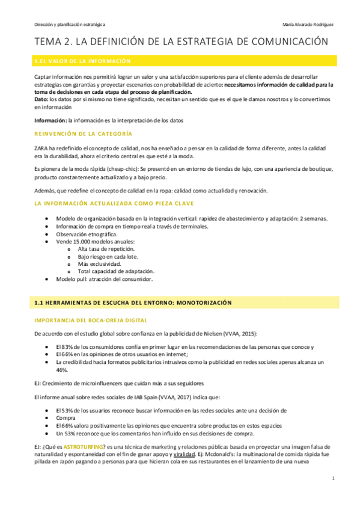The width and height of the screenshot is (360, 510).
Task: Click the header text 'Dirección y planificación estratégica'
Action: pos(69,24)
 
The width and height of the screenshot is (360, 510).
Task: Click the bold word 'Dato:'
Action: pos(41,99)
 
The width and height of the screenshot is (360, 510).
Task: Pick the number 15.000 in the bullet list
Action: pos(82,241)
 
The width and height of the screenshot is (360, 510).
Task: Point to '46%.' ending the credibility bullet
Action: pos(61,370)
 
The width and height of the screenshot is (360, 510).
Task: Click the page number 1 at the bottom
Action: pos(332,495)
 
